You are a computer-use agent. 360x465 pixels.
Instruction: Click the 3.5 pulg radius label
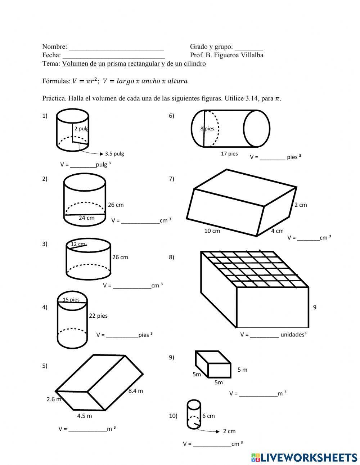[x=114, y=153]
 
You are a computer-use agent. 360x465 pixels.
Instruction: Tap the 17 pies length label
[x=229, y=154]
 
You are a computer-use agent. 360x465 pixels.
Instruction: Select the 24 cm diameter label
[x=86, y=218]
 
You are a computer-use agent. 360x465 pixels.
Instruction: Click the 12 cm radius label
[x=78, y=244]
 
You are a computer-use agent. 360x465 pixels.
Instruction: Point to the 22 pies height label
[x=98, y=316]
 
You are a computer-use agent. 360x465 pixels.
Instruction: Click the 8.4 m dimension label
[x=136, y=391]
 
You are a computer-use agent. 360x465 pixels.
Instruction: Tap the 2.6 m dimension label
[x=54, y=399]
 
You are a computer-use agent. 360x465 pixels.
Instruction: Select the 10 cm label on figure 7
[x=212, y=231]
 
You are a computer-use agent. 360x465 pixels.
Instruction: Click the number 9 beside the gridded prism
[x=315, y=307]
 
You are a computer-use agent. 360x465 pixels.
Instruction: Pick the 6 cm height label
[x=208, y=416]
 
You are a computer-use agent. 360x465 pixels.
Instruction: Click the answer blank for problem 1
[x=83, y=165]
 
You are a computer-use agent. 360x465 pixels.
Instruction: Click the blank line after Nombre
[x=116, y=47]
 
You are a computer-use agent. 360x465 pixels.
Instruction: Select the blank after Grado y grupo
[x=249, y=47]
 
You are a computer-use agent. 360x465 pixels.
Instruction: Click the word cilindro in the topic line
[x=195, y=64]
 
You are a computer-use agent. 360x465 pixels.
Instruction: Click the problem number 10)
[x=173, y=416]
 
